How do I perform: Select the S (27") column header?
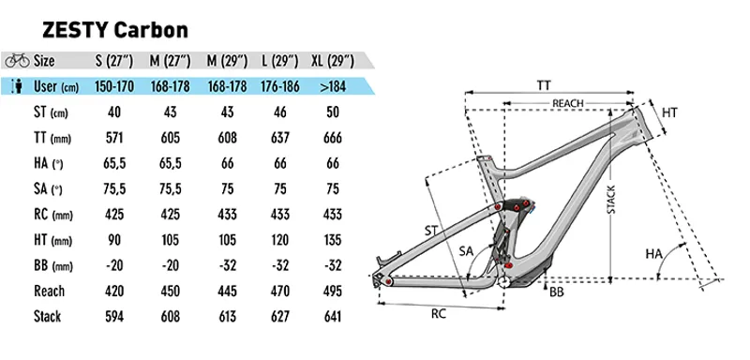(112, 62)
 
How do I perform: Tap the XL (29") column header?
(330, 62)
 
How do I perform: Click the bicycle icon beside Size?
(17, 62)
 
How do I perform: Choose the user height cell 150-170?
(112, 88)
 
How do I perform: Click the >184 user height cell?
(330, 88)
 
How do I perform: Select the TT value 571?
(112, 139)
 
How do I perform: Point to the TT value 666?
(330, 139)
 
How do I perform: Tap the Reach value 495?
(330, 291)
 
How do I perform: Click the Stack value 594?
(112, 317)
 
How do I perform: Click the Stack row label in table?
(47, 317)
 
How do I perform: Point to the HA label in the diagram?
(656, 254)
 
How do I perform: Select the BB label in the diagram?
(557, 292)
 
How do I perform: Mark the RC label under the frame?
(438, 315)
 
